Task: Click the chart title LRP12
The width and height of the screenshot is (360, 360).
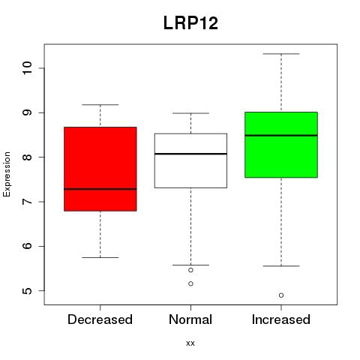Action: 190,23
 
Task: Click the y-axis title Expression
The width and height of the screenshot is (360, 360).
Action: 7,174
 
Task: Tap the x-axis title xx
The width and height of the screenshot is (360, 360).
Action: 190,343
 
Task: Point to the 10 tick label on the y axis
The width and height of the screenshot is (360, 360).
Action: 27,67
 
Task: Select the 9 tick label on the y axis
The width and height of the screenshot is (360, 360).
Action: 27,112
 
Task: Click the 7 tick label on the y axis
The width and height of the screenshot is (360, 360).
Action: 27,202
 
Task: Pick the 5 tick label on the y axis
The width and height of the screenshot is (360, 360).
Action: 27,290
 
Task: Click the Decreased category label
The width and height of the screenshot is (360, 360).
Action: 100,319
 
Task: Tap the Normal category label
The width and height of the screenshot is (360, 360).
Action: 190,319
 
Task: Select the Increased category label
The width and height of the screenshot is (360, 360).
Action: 281,319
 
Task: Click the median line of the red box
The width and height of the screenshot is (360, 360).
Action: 100,189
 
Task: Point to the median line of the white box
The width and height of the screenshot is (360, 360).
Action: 190,154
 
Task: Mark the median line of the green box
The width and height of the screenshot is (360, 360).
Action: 281,136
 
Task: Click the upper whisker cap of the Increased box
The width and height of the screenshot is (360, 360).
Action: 281,54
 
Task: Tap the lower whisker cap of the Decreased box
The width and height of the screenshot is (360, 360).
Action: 100,257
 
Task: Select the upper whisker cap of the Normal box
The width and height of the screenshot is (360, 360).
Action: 190,113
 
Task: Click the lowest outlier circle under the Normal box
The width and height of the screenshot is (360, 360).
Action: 190,283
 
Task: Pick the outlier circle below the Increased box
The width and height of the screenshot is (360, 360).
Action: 281,295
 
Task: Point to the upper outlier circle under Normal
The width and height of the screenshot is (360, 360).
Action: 190,270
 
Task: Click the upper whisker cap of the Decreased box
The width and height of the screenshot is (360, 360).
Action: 100,105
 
